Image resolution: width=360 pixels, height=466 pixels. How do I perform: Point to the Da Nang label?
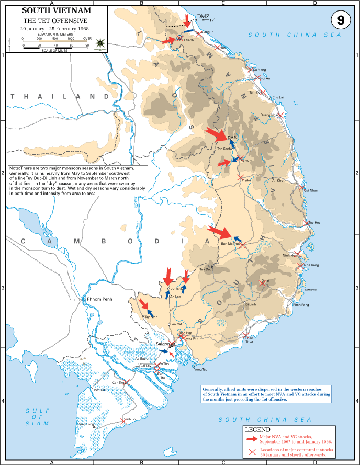point(259,70)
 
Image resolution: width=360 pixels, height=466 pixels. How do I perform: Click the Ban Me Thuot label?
point(231,244)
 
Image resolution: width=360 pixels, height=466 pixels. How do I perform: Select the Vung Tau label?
point(200,370)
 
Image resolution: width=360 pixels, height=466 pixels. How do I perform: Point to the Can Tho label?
point(118,382)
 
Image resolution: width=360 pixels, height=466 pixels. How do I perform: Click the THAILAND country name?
point(55,97)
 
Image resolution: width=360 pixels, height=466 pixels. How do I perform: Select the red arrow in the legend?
point(252,437)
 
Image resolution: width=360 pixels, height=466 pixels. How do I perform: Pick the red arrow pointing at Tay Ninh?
point(146,305)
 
